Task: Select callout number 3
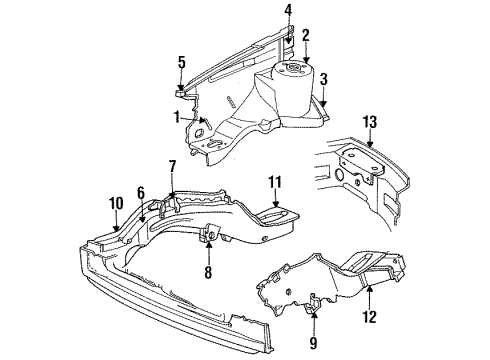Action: [323, 78]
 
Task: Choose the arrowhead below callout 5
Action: [182, 91]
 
